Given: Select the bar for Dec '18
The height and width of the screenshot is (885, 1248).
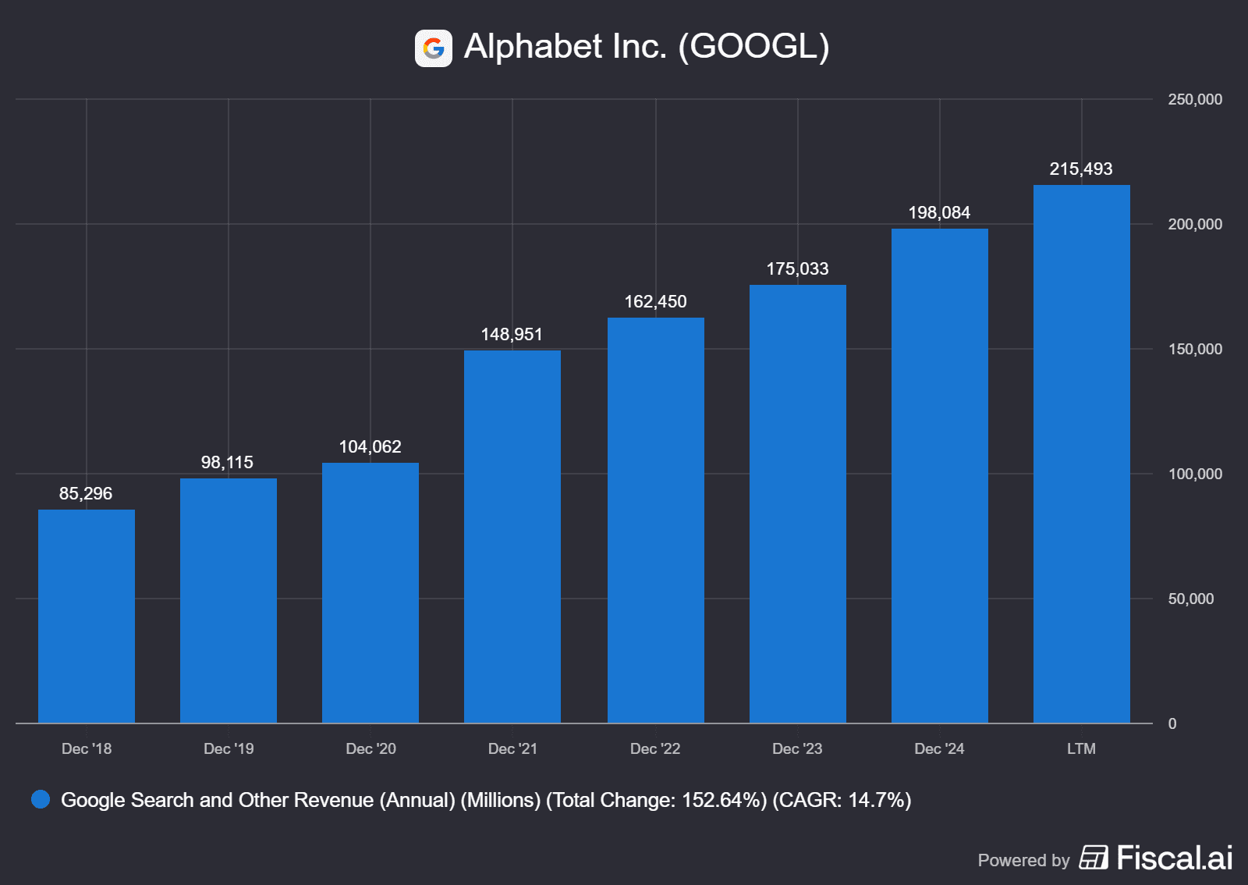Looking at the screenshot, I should [x=87, y=617].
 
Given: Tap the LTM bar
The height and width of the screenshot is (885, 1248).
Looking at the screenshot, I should [x=1081, y=454].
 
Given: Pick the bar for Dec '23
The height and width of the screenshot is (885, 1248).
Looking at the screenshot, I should [x=797, y=504].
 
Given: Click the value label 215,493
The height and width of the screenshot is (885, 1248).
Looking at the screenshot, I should [x=1080, y=169].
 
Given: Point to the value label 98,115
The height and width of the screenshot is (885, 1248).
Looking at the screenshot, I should [x=227, y=463].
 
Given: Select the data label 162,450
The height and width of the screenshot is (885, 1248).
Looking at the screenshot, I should [x=655, y=302].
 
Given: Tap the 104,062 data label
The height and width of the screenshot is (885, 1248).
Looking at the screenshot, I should [x=370, y=447].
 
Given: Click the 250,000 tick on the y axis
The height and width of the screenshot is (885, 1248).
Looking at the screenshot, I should [x=1194, y=100].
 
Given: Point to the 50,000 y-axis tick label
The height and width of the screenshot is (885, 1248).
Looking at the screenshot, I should [x=1190, y=599].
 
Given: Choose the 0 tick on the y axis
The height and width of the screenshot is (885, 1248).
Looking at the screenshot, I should [x=1172, y=724].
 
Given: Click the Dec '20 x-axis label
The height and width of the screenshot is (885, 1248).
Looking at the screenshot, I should [x=370, y=749].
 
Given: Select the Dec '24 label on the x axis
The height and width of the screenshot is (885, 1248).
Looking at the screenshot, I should [x=939, y=749].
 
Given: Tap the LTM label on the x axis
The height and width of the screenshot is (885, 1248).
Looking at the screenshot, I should [x=1081, y=749].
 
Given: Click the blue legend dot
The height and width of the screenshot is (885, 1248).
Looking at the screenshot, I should [x=41, y=800].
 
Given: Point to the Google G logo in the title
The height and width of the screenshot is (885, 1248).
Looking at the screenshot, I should [x=434, y=48].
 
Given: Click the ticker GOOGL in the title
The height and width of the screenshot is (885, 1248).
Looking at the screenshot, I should [x=753, y=47].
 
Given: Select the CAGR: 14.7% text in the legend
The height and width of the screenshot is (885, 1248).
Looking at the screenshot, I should [x=842, y=801].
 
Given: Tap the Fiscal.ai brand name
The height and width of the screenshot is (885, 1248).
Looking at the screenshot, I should [x=1174, y=858].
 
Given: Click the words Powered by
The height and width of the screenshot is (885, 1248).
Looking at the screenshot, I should [x=1023, y=861].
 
